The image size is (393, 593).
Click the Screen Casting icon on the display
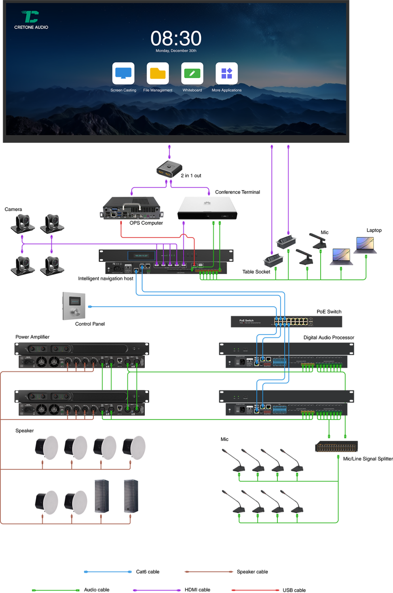pyautogui.click(x=123, y=74)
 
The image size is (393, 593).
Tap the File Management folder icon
pyautogui.click(x=158, y=74)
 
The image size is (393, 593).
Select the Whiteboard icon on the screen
pyautogui.click(x=192, y=74)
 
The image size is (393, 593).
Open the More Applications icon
pyautogui.click(x=226, y=74)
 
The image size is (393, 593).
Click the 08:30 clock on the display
pyautogui.click(x=176, y=39)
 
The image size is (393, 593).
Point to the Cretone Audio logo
pyautogui.click(x=31, y=20)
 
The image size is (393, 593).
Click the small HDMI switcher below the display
pyautogui.click(x=169, y=170)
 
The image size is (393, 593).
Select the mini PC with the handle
pyautogui.click(x=131, y=208)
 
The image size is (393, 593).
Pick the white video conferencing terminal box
pyautogui.click(x=207, y=208)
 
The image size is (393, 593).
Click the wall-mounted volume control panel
pyautogui.click(x=74, y=306)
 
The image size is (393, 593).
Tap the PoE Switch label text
pyautogui.click(x=246, y=321)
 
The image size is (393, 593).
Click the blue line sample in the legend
pyautogui.click(x=108, y=572)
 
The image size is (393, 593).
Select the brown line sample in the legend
pyautogui.click(x=209, y=572)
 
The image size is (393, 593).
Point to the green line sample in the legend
pyautogui.click(x=56, y=590)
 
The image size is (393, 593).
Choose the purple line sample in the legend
pyautogui.click(x=157, y=590)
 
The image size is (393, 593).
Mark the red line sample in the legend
pyautogui.click(x=255, y=590)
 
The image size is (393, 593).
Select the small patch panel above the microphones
pyautogui.click(x=336, y=447)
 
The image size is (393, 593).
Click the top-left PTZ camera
pyautogui.click(x=23, y=223)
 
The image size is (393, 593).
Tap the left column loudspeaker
pyautogui.click(x=102, y=496)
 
